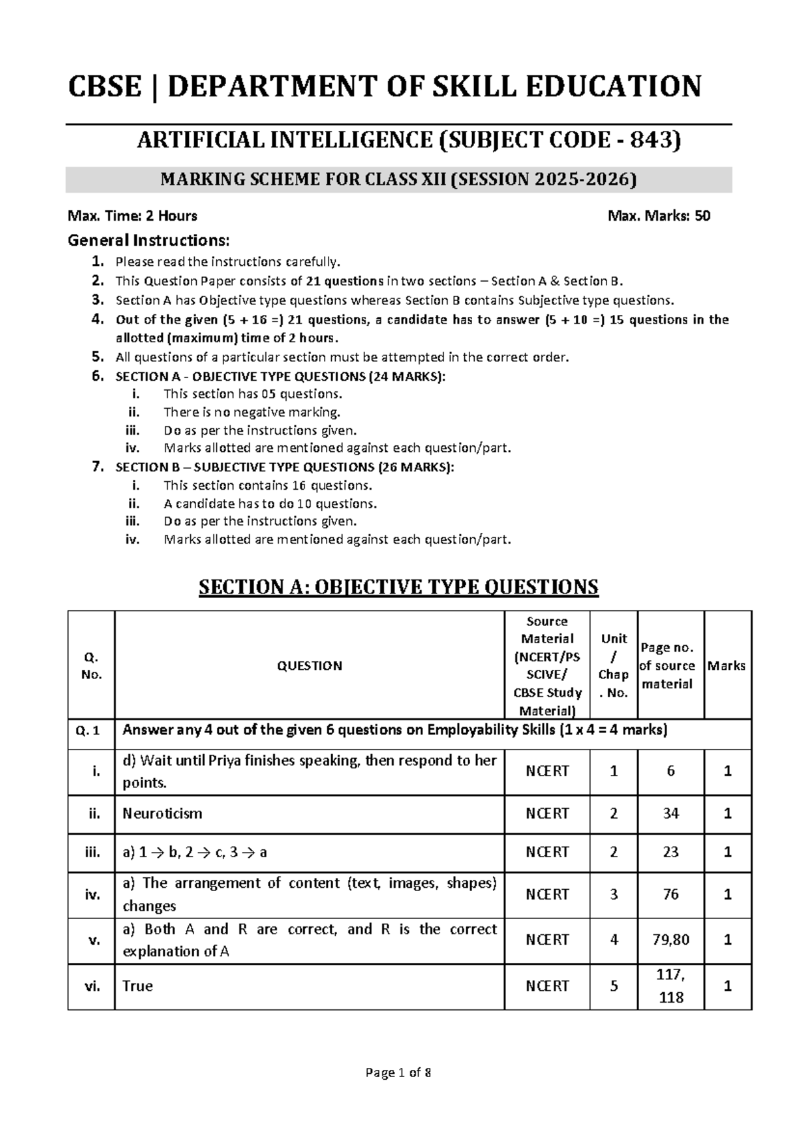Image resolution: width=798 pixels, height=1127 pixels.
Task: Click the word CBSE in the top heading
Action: tap(105, 87)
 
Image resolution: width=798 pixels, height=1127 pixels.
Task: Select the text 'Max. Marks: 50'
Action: tap(659, 216)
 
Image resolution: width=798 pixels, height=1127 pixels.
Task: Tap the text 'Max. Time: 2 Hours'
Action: tap(132, 216)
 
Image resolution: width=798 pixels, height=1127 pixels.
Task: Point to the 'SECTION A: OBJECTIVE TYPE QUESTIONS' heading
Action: tap(399, 587)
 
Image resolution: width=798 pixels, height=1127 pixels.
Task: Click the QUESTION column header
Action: tap(309, 666)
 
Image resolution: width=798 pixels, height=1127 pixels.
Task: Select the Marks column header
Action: tap(726, 666)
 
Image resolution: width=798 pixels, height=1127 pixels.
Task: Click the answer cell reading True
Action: tap(138, 986)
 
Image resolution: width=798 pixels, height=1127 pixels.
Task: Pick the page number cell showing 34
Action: tap(670, 814)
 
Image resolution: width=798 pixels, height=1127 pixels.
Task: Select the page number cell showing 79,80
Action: tap(670, 940)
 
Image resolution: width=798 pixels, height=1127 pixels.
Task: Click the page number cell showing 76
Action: tap(670, 895)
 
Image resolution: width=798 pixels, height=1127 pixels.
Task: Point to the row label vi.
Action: tap(92, 986)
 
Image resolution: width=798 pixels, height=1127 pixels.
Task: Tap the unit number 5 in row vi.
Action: tap(614, 986)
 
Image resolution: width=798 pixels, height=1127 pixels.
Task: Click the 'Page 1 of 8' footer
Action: tap(398, 1073)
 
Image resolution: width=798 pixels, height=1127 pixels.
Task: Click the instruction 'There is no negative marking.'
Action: tap(252, 413)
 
